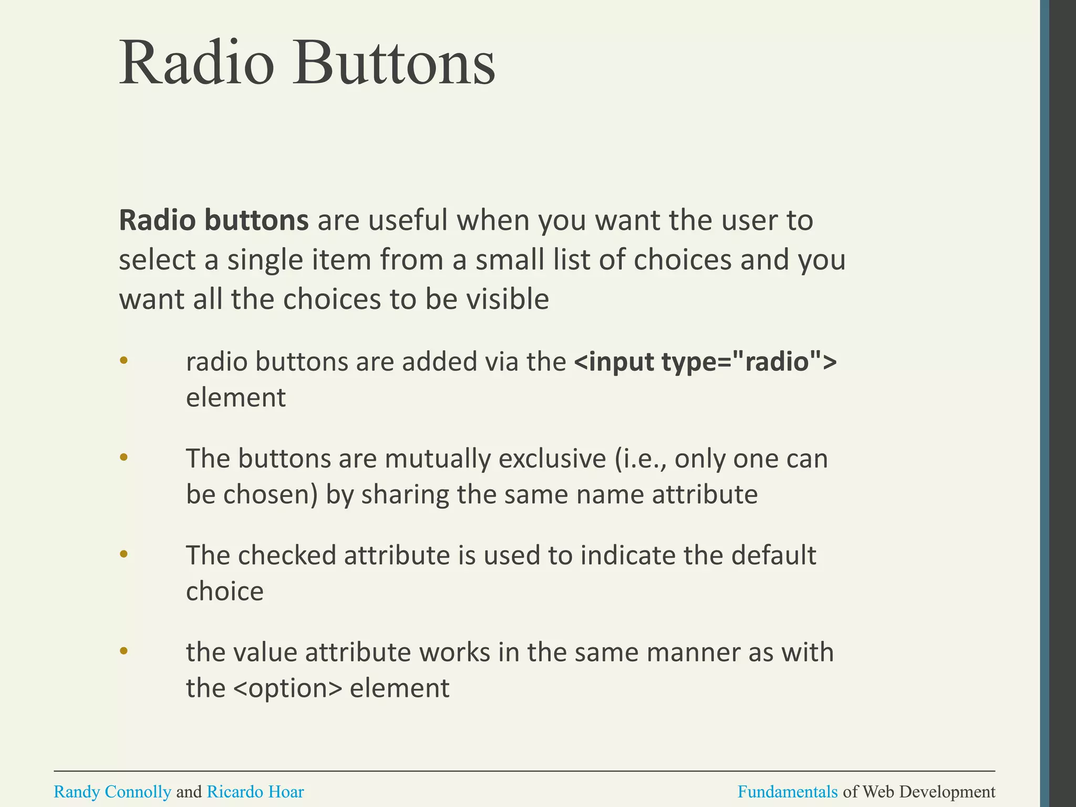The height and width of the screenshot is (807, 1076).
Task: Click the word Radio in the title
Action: click(197, 63)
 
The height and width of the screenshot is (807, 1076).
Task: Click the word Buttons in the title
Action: click(394, 63)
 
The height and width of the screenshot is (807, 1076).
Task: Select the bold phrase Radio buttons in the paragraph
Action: click(213, 220)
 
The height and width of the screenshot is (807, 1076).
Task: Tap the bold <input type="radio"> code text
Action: click(705, 361)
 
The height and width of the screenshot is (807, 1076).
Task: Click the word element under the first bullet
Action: click(235, 397)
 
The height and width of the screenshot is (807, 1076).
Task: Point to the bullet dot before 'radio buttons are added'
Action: click(124, 360)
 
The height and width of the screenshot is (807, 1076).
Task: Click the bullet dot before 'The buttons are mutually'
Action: click(124, 457)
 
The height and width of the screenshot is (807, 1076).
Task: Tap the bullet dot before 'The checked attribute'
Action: click(124, 554)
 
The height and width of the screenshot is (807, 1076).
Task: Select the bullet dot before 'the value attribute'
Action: click(124, 651)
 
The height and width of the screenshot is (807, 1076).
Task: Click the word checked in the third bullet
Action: click(287, 555)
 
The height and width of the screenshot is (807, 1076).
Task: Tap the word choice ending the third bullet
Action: click(224, 591)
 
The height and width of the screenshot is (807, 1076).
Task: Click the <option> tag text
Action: click(287, 688)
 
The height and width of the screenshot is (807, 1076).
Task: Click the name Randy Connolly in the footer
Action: click(112, 791)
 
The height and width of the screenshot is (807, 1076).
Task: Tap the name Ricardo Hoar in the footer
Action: click(255, 791)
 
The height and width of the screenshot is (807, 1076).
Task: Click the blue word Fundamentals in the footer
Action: click(787, 791)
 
